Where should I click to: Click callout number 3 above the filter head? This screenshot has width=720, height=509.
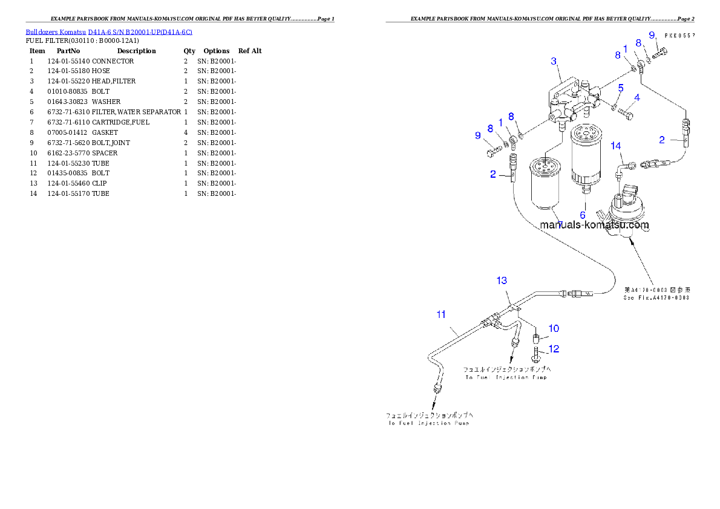pos(554,61)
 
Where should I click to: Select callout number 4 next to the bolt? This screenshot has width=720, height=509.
pos(637,97)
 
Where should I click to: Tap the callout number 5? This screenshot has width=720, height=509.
pos(620,88)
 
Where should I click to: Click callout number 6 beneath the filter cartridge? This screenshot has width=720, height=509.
pos(583,215)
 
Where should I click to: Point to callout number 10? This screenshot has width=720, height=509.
pos(554,329)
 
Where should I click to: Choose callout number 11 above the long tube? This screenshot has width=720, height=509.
pos(441,314)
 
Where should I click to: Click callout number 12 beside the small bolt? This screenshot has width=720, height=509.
pos(554,349)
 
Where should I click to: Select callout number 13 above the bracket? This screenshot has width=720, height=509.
pos(502,280)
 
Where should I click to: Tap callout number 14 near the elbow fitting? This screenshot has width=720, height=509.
pos(615,146)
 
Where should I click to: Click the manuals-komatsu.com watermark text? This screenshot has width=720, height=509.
pos(594,225)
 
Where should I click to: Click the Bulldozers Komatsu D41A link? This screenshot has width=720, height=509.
pos(109,31)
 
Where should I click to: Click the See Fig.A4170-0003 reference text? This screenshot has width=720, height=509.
pos(657,297)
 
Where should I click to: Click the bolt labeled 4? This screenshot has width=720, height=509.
pos(627,112)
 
